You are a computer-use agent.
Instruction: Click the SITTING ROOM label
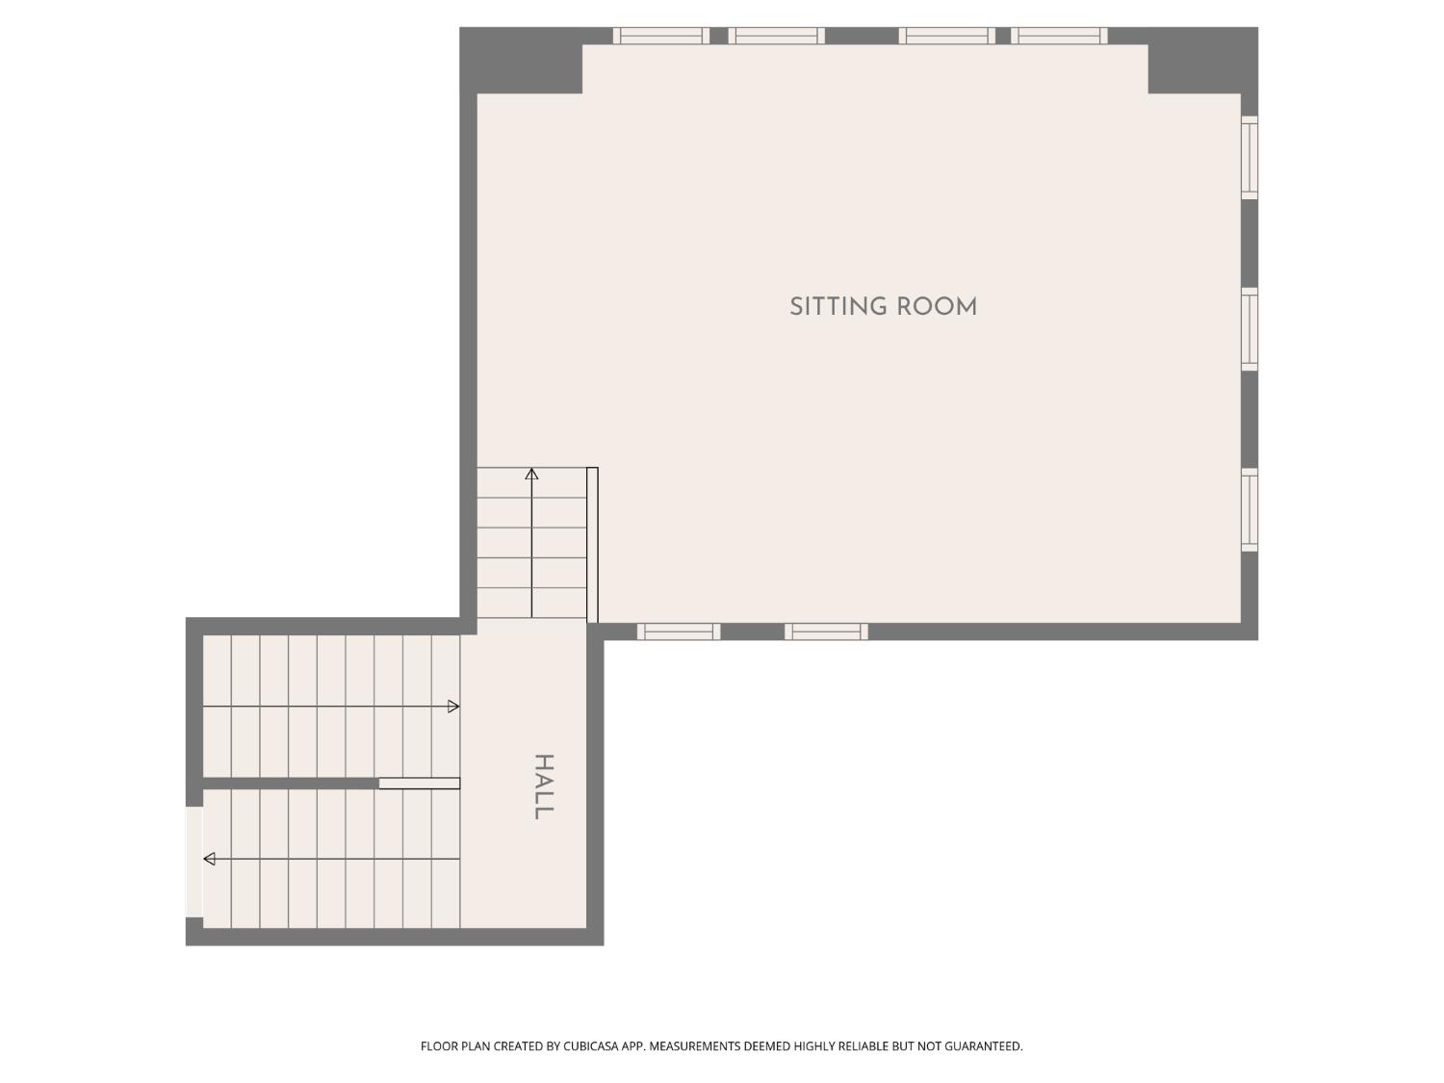tap(883, 307)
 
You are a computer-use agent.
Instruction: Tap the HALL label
tap(544, 786)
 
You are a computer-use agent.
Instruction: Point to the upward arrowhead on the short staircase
tap(531, 474)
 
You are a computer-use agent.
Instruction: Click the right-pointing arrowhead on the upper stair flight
tap(453, 707)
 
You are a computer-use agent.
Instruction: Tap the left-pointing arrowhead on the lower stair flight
tap(210, 859)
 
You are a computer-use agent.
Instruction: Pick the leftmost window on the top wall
tap(661, 36)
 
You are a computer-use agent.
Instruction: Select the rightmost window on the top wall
tap(1059, 36)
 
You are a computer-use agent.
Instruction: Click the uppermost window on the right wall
tap(1249, 158)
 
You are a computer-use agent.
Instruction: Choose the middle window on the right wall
tap(1249, 329)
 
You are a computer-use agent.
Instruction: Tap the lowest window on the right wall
tap(1249, 509)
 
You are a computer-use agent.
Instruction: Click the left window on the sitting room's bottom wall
tap(679, 632)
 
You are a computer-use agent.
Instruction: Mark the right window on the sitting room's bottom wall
tap(826, 632)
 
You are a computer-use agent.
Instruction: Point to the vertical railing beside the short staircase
tap(592, 545)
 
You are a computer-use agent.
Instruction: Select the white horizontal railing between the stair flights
tap(419, 784)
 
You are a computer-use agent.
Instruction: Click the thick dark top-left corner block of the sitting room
tap(521, 61)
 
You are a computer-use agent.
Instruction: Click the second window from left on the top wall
tap(776, 36)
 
